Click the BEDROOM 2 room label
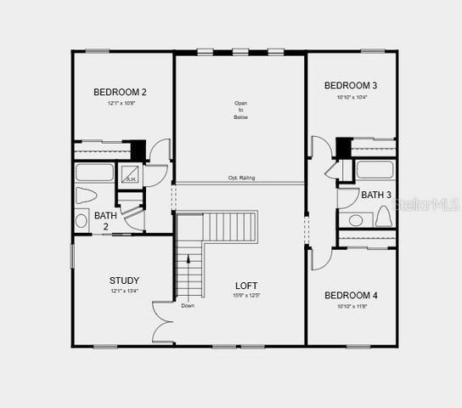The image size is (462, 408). [x=120, y=92]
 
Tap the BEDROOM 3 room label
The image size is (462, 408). [x=351, y=85]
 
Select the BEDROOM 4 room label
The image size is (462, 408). [x=351, y=295]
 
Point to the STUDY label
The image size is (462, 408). [x=124, y=280]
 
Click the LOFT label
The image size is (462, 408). [x=246, y=286]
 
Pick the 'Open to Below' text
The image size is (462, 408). [x=241, y=110]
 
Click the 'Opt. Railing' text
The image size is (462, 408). [x=241, y=178]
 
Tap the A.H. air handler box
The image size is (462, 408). [x=130, y=177]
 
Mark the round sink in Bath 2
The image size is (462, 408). [x=82, y=221]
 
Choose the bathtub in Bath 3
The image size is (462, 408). [x=375, y=169]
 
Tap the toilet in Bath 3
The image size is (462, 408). [x=382, y=218]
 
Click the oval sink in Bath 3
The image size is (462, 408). [x=356, y=220]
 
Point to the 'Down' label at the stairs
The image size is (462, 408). [x=187, y=305]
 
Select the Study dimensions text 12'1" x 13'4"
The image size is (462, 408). [x=124, y=291]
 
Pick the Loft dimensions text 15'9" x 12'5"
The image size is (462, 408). [x=246, y=296]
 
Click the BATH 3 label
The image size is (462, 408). [x=376, y=195]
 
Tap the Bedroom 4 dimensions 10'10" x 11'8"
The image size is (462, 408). [x=351, y=305]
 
